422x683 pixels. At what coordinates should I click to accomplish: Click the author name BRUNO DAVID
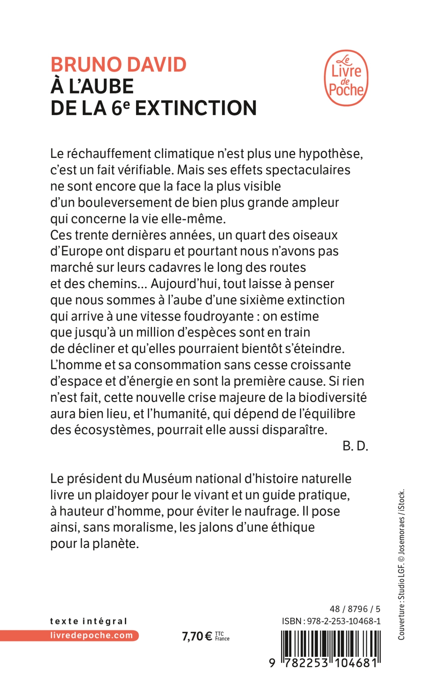[118, 65]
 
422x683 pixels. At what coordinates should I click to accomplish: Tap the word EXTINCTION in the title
[196, 108]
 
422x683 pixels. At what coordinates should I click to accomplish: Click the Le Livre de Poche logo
[346, 78]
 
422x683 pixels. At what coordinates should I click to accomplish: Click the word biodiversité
[332, 398]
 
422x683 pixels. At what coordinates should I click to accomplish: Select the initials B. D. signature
[355, 446]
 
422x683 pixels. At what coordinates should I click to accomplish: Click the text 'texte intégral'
[88, 621]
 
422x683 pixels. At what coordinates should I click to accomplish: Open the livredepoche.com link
[92, 635]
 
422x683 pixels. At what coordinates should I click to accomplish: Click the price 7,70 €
[197, 637]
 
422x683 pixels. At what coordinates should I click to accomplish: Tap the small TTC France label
[222, 637]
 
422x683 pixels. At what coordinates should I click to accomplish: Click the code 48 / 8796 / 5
[355, 609]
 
